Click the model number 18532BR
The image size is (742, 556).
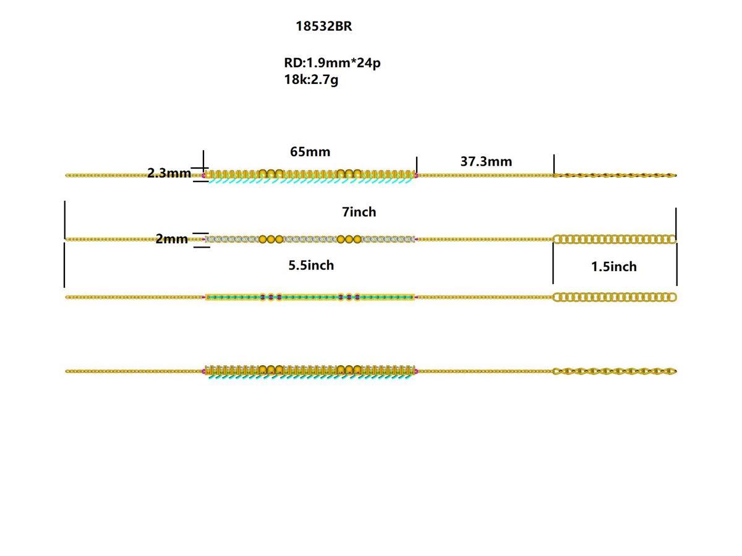pyautogui.click(x=323, y=27)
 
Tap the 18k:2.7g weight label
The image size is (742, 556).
pyautogui.click(x=311, y=79)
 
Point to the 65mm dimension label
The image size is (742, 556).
pyautogui.click(x=310, y=151)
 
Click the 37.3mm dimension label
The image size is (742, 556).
pyautogui.click(x=486, y=161)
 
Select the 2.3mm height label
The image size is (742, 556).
pyautogui.click(x=169, y=173)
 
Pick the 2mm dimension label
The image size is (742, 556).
pyautogui.click(x=171, y=239)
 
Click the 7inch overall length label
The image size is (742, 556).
pyautogui.click(x=359, y=212)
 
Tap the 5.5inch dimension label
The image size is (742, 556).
pyautogui.click(x=311, y=265)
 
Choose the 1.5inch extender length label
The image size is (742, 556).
pyautogui.click(x=613, y=266)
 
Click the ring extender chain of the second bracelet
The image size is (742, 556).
pyautogui.click(x=614, y=239)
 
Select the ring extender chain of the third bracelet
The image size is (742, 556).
pyautogui.click(x=614, y=297)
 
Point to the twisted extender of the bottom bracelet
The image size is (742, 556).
pyautogui.click(x=614, y=371)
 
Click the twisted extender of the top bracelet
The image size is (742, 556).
pyautogui.click(x=614, y=175)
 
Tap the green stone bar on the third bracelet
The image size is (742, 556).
pyautogui.click(x=309, y=297)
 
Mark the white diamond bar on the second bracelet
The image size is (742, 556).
pyautogui.click(x=309, y=239)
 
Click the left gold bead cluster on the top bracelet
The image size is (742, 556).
pyautogui.click(x=271, y=174)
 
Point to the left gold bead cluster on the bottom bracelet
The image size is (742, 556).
pyautogui.click(x=271, y=369)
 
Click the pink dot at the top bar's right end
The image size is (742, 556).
pyautogui.click(x=416, y=175)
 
